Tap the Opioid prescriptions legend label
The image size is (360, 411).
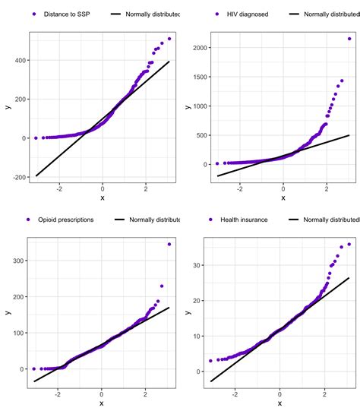(x=66, y=220)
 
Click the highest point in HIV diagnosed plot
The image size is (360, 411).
(x=349, y=38)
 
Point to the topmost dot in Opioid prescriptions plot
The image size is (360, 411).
(x=169, y=245)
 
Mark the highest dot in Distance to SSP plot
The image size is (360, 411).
(x=169, y=39)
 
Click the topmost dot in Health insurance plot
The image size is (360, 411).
(x=349, y=244)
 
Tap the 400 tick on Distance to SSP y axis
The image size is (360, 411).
(x=19, y=60)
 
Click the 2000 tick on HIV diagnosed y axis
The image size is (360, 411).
(x=197, y=48)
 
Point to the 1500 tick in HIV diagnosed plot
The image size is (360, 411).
(x=197, y=77)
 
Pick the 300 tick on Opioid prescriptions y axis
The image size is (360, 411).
(x=19, y=261)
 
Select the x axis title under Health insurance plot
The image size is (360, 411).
(x=280, y=403)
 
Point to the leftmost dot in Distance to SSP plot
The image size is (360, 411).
(x=36, y=138)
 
